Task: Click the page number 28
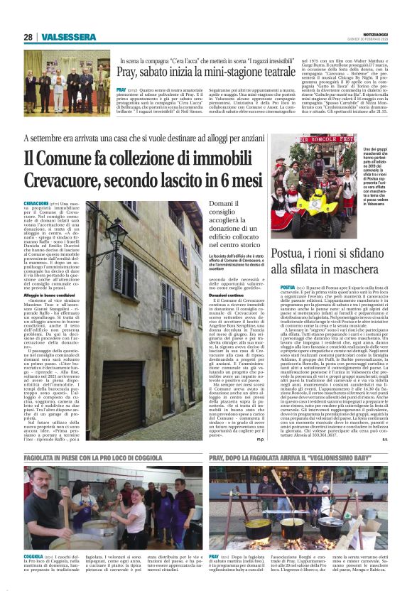(x=28, y=38)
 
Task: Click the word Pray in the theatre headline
(x=128, y=73)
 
